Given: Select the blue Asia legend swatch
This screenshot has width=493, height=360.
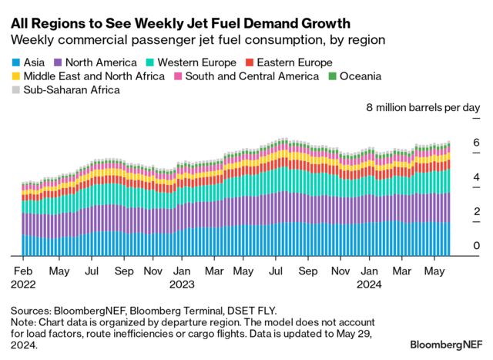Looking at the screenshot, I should coord(16,62).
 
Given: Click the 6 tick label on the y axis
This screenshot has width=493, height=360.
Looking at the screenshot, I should coord(476,143).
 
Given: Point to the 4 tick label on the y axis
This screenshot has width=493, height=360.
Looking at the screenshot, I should coord(476,177).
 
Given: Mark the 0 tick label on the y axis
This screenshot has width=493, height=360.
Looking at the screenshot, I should coord(476,246).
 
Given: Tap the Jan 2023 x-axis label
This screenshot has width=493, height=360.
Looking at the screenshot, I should coord(183,278).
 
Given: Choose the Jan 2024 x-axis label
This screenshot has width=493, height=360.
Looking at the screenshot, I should coord(370,278).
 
